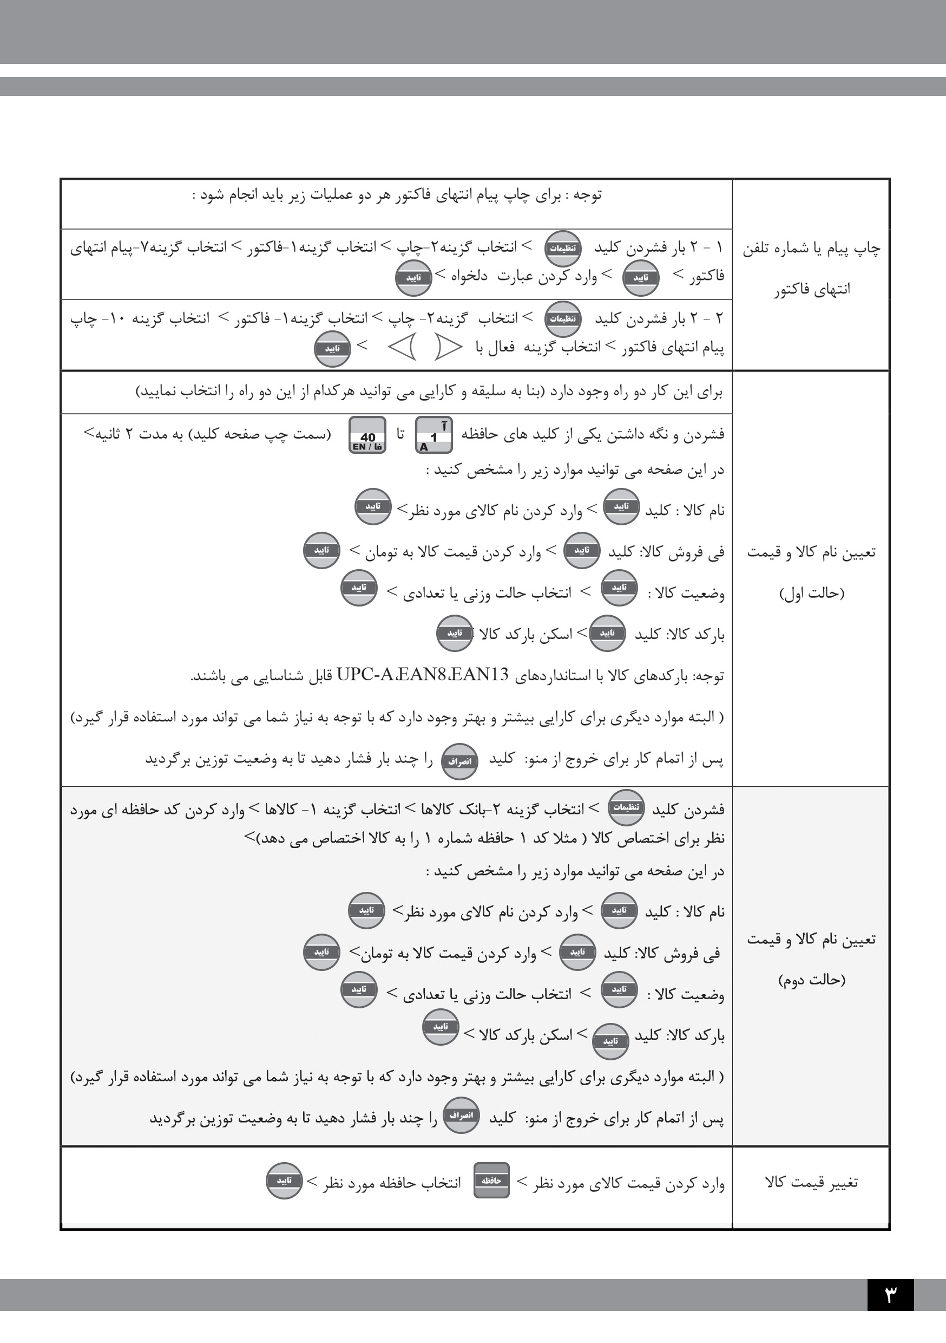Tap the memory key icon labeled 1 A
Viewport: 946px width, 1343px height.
[x=433, y=435]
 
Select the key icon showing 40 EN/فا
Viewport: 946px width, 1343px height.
[x=367, y=435]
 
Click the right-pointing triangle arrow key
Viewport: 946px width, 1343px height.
[x=449, y=348]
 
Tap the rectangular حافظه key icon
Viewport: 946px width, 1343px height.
[x=491, y=1181]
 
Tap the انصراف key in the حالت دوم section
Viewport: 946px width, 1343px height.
[x=461, y=1115]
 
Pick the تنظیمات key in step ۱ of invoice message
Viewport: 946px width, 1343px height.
[x=562, y=248]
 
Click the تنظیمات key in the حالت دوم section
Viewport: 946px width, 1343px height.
[x=626, y=807]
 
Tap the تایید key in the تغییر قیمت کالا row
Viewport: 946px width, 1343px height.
[x=284, y=1181]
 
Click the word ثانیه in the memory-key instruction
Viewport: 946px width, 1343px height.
[x=102, y=434]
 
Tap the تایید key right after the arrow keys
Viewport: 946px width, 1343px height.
[x=332, y=349]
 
